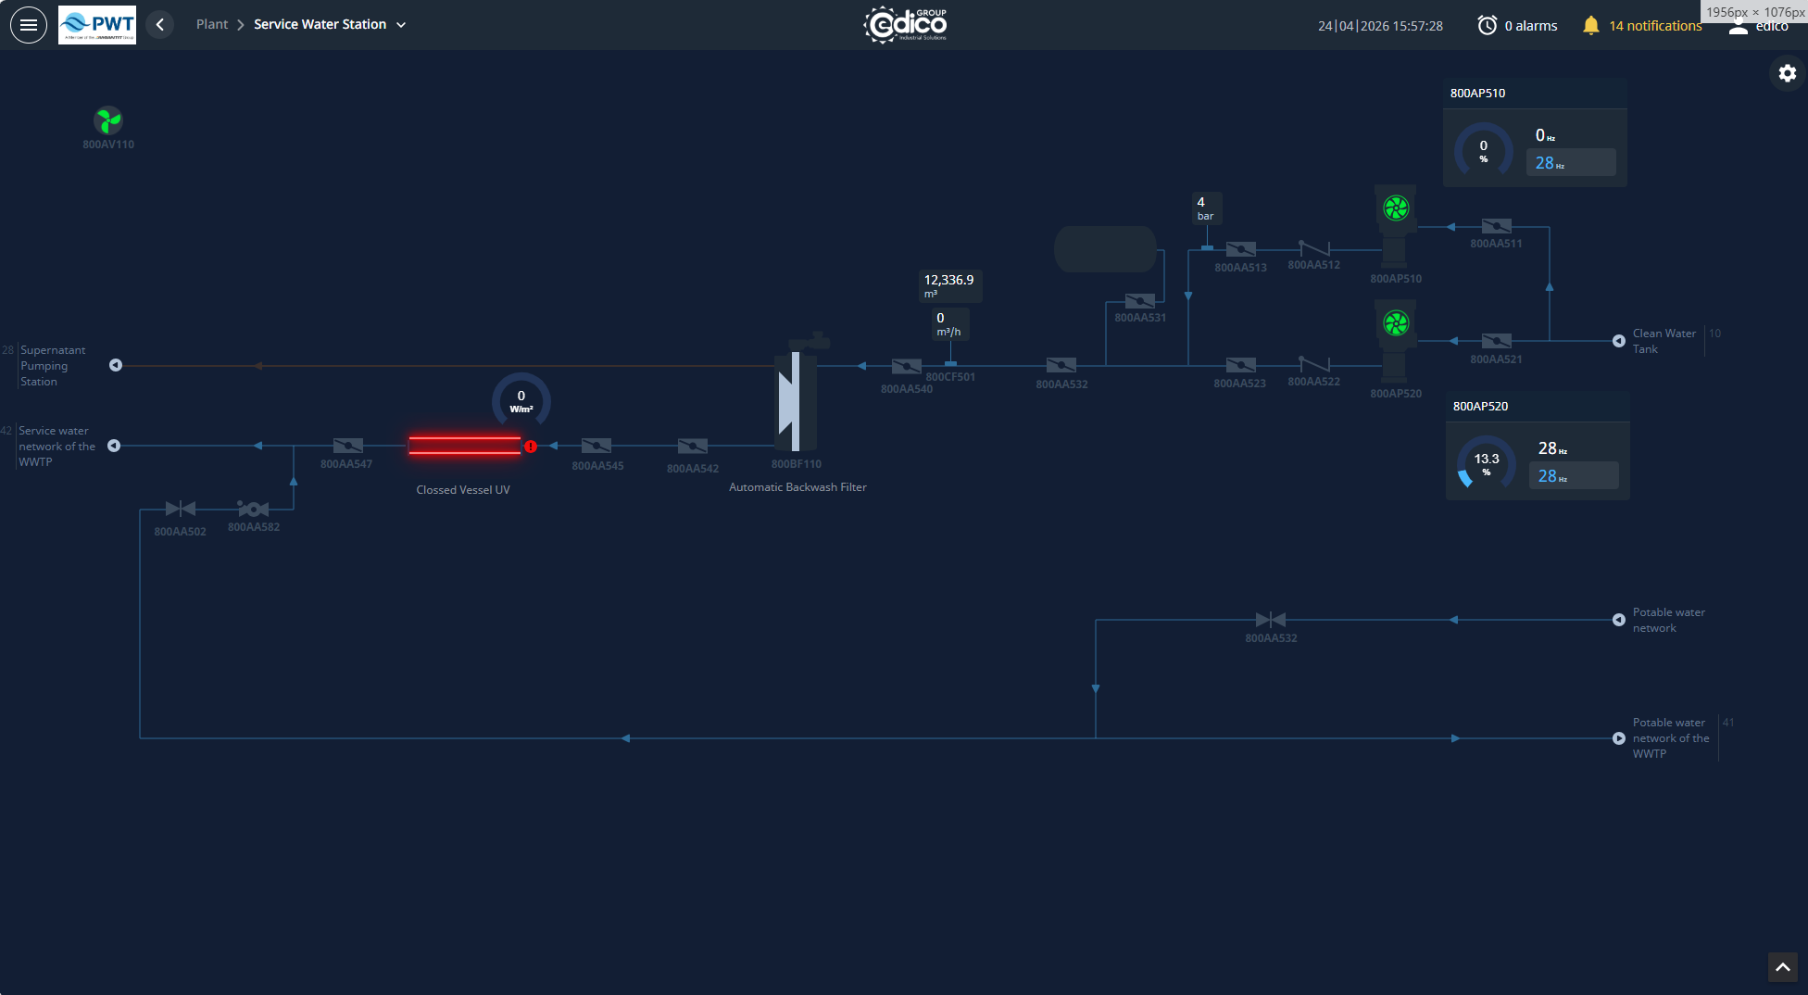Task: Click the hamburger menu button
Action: click(29, 25)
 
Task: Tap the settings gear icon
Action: click(1787, 73)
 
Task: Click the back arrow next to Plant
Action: click(160, 25)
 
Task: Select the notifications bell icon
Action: click(1590, 26)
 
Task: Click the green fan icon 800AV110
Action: click(108, 120)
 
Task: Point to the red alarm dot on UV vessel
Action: click(531, 447)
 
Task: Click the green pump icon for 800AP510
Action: click(1396, 208)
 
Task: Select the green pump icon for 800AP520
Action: click(1396, 323)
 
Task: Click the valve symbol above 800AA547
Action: click(347, 446)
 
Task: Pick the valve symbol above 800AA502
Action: click(180, 509)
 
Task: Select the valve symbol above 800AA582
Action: click(253, 509)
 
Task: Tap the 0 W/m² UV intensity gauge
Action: click(521, 400)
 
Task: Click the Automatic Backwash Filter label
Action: click(797, 487)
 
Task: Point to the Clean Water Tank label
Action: click(1664, 341)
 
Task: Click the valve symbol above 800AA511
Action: click(1496, 226)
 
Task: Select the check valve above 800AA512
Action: click(1313, 248)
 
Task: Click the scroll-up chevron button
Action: click(1782, 967)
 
